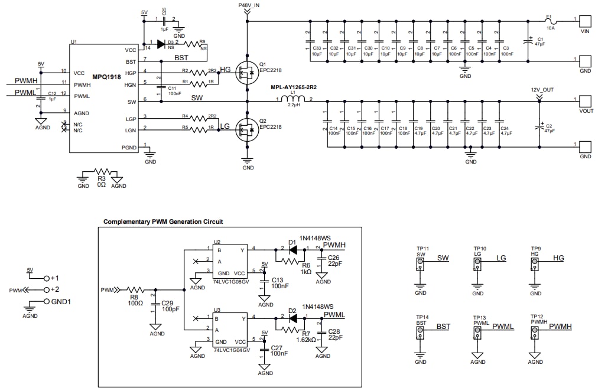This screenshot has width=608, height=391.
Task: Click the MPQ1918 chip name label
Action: tap(107, 77)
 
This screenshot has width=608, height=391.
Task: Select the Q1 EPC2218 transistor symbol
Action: tap(245, 73)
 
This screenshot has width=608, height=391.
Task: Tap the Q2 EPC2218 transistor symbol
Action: tap(245, 129)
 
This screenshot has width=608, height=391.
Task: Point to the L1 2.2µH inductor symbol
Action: tap(293, 100)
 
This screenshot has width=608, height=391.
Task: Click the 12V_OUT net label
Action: tap(539, 90)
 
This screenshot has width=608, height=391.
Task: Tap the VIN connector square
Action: tap(584, 21)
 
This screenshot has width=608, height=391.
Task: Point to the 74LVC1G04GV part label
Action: tap(232, 350)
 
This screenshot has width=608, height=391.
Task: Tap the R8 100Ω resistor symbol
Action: tap(136, 289)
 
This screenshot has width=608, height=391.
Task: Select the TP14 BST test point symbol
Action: tap(420, 335)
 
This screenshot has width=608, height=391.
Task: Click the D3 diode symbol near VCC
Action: tap(161, 43)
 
